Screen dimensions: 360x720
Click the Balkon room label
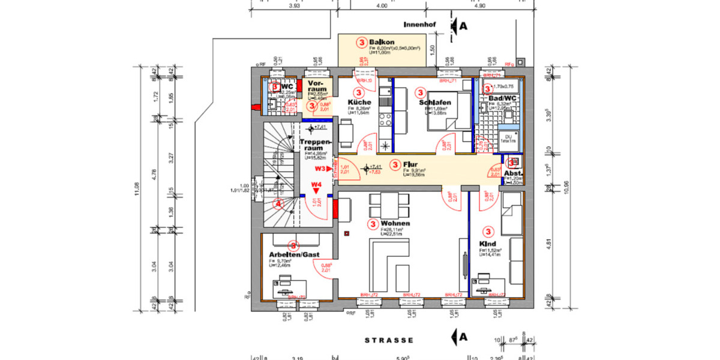point(382,42)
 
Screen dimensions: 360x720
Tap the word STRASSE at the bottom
point(389,340)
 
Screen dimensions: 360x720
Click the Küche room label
point(359,103)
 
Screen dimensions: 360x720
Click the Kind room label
point(487,244)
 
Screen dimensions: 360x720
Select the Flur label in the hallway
point(410,164)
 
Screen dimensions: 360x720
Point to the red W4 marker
point(316,185)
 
